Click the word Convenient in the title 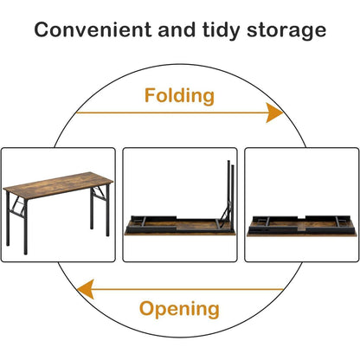[x=93, y=29]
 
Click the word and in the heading [x=177, y=29]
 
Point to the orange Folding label [x=179, y=97]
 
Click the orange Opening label [x=179, y=310]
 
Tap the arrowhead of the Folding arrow [x=274, y=112]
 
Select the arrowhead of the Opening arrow [x=86, y=289]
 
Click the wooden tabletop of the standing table [x=58, y=185]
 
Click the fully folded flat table [x=301, y=226]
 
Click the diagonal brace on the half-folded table [x=224, y=214]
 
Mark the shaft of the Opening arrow [x=189, y=289]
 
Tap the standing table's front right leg [x=107, y=210]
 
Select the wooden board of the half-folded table [x=180, y=228]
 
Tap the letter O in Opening [x=147, y=308]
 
